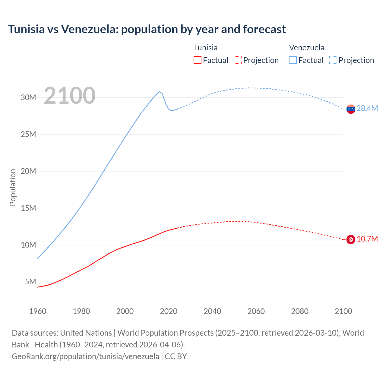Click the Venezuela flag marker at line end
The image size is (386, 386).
pyautogui.click(x=351, y=109)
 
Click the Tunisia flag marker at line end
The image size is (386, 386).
pyautogui.click(x=351, y=239)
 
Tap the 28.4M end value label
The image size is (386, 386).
pyautogui.click(x=367, y=109)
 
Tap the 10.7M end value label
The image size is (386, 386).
pyautogui.click(x=367, y=239)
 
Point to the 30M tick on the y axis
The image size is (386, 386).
pyautogui.click(x=28, y=97)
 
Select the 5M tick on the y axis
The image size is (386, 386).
pyautogui.click(x=30, y=282)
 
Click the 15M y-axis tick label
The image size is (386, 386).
pyautogui.click(x=28, y=208)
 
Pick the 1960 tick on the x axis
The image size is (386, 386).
pyautogui.click(x=38, y=311)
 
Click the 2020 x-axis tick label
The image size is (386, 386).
pyautogui.click(x=169, y=311)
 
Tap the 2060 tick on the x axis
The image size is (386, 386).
pyautogui.click(x=256, y=311)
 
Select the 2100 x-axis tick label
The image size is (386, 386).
pyautogui.click(x=343, y=311)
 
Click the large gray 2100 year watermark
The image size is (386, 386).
pyautogui.click(x=70, y=96)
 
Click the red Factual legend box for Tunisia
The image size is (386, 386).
pyautogui.click(x=197, y=60)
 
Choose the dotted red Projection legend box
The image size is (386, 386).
pyautogui.click(x=238, y=60)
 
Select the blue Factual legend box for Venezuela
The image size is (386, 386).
pyautogui.click(x=293, y=60)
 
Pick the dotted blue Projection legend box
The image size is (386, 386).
pyautogui.click(x=333, y=60)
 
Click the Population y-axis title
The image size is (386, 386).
pyautogui.click(x=13, y=187)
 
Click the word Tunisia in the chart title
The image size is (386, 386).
pyautogui.click(x=26, y=29)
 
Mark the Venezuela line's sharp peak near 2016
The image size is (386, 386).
pyautogui.click(x=160, y=92)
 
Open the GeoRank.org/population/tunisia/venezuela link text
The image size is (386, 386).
pyautogui.click(x=85, y=356)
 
